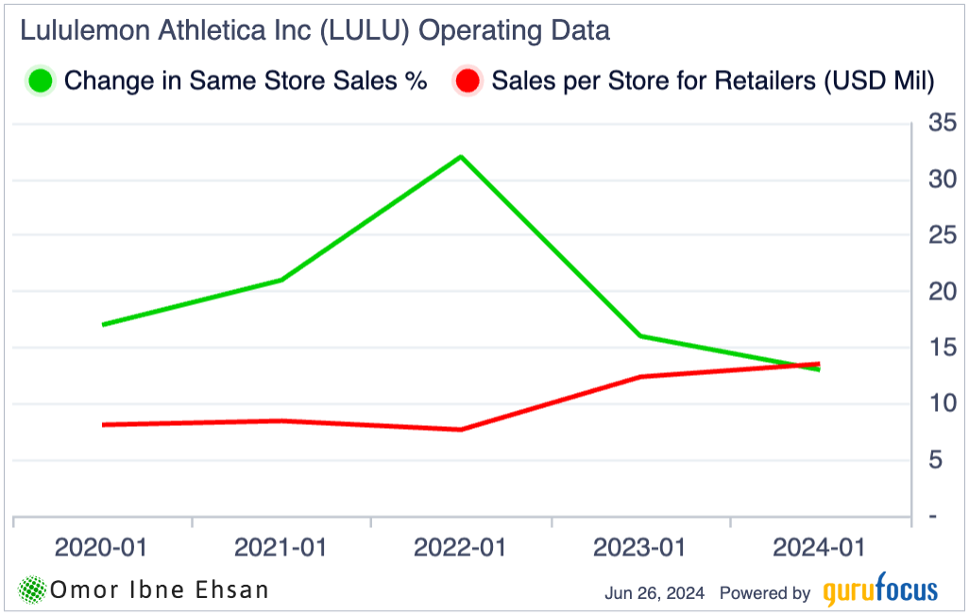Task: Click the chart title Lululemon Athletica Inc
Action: click(x=314, y=31)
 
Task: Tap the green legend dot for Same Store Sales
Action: click(x=41, y=80)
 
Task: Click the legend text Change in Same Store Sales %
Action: click(x=246, y=81)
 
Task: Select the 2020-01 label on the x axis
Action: click(x=101, y=547)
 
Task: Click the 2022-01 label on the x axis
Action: click(x=460, y=547)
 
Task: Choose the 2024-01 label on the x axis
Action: click(x=819, y=547)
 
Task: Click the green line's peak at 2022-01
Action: click(x=460, y=156)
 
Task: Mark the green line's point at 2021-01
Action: click(x=281, y=280)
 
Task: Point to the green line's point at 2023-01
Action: click(x=639, y=335)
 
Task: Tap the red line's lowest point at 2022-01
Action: click(x=460, y=430)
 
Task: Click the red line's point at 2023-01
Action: click(x=639, y=377)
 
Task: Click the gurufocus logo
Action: click(x=879, y=592)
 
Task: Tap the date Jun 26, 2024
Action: click(x=654, y=593)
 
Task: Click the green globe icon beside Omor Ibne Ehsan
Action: click(x=33, y=590)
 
